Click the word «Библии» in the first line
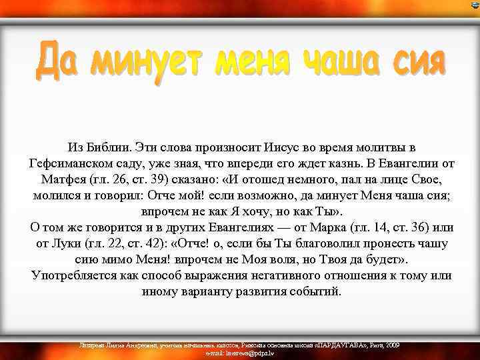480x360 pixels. coord(109,147)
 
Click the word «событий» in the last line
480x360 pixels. coord(315,292)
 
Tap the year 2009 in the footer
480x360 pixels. coord(393,345)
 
